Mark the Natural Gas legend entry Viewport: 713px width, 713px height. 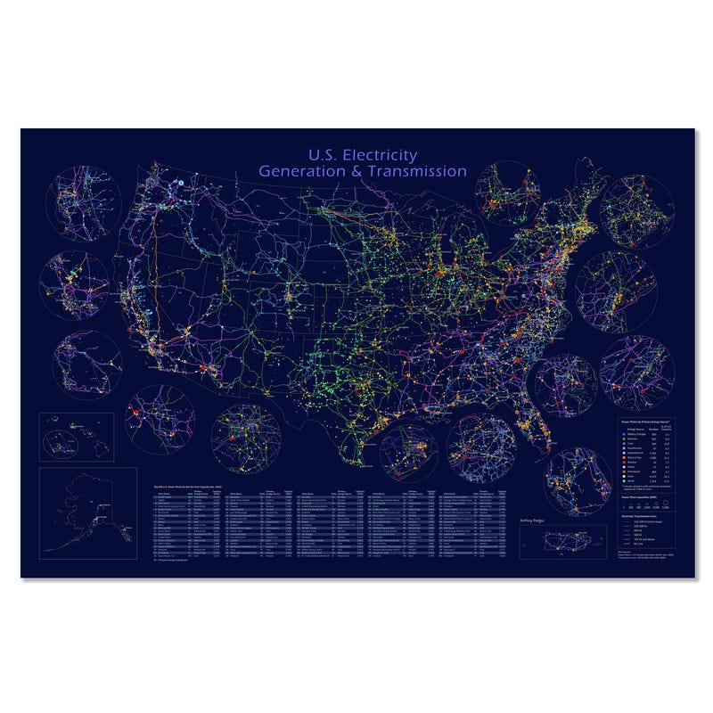point(633,457)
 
